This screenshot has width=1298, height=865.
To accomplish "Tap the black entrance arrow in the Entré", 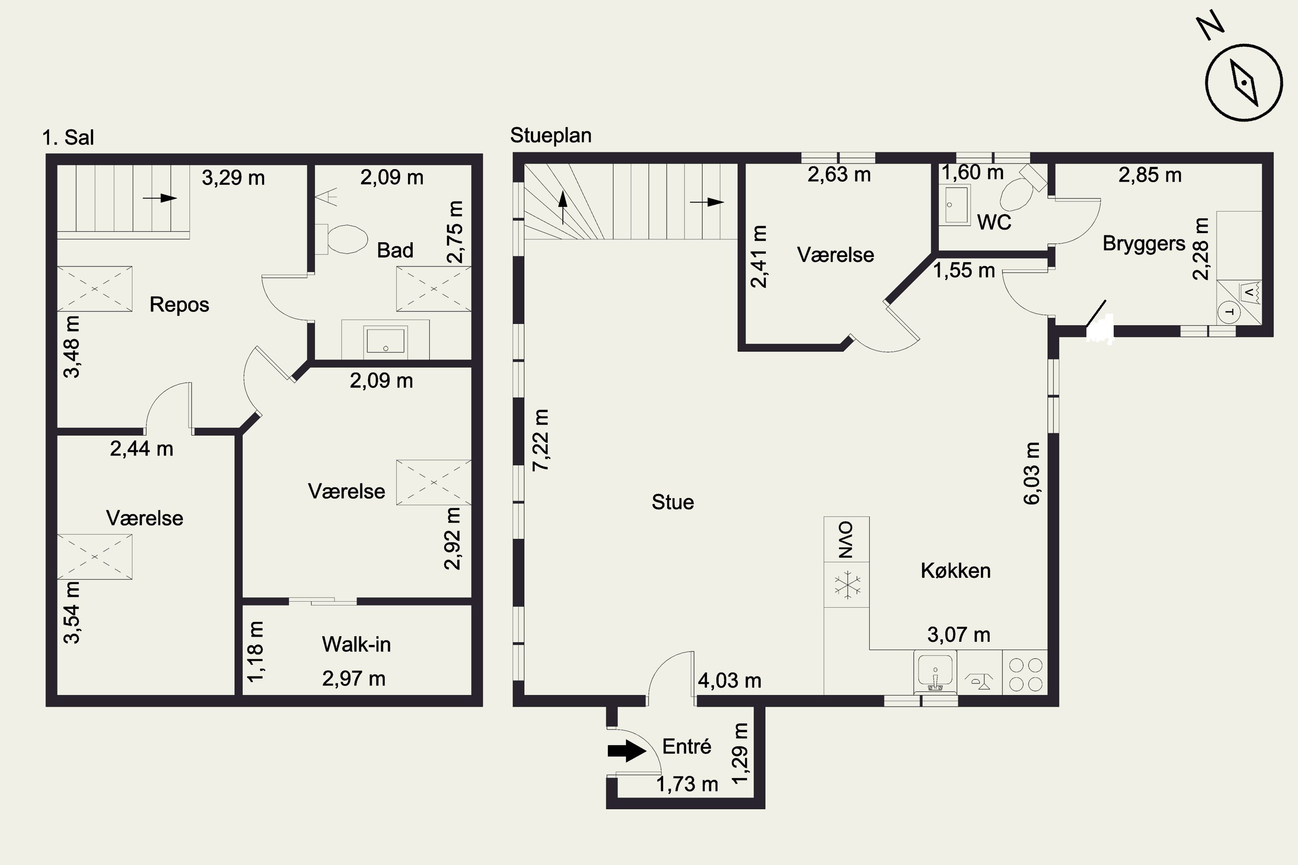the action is coord(627,751).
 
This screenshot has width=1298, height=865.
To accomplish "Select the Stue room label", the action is coord(673,502).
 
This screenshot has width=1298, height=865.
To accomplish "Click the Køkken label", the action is coord(956,570).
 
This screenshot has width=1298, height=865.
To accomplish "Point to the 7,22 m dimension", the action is coord(541,440).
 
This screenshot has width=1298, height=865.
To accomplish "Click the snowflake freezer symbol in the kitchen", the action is coord(847,585).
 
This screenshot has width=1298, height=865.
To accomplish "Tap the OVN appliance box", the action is coord(847,539).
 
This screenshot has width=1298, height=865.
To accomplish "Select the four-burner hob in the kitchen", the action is coord(1025,674).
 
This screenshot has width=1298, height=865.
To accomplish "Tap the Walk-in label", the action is coord(357,644).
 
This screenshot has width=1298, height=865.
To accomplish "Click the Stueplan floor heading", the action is coord(551,135).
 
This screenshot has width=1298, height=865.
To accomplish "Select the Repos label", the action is coord(180,304).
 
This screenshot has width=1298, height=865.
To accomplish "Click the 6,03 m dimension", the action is coord(1031,473).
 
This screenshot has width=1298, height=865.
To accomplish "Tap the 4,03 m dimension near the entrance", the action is coord(729,681).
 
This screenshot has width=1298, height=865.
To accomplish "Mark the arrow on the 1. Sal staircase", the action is coord(160,198).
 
